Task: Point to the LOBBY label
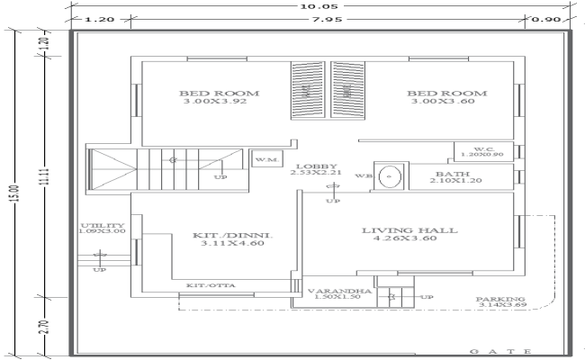point(314,166)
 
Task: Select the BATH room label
point(447,174)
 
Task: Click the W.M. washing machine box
point(265,158)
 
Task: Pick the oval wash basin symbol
point(389,176)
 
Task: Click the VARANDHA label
point(338,291)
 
